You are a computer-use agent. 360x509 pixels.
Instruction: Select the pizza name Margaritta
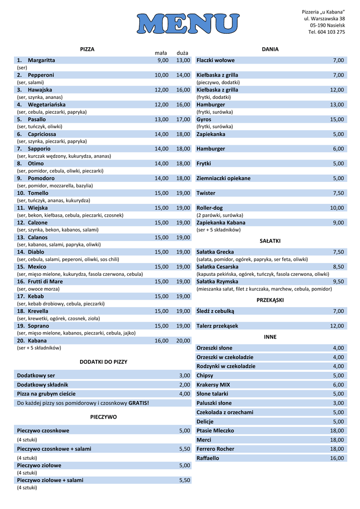pos(41,60)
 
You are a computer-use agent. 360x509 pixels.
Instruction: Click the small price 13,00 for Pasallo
pos(162,119)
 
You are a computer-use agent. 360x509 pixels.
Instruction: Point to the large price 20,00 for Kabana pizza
pos(183,340)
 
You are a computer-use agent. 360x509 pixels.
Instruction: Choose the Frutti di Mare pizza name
pos(45,281)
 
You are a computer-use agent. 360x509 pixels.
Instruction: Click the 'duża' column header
pos(182,53)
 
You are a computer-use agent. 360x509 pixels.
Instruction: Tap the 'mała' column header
pos(161,53)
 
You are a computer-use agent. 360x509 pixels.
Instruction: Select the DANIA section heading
pos(270,49)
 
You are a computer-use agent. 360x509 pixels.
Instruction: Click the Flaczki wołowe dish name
pos(215,60)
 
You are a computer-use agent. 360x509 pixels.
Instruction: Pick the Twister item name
pos(206,193)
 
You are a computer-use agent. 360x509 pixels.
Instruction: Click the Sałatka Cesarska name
pos(217,266)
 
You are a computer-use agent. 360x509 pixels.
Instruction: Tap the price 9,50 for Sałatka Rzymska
pos(339,281)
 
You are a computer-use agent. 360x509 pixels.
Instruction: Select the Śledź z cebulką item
pos(215,311)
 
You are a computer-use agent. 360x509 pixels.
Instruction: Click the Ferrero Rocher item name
pos(215,449)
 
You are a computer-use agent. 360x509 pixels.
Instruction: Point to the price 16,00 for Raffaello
pos(337,458)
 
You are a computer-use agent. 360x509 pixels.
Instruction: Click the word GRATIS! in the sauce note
pos(139,403)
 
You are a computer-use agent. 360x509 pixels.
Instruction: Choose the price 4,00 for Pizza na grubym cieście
pos(184,394)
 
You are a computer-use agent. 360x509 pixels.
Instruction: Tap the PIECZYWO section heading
pos(103,417)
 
